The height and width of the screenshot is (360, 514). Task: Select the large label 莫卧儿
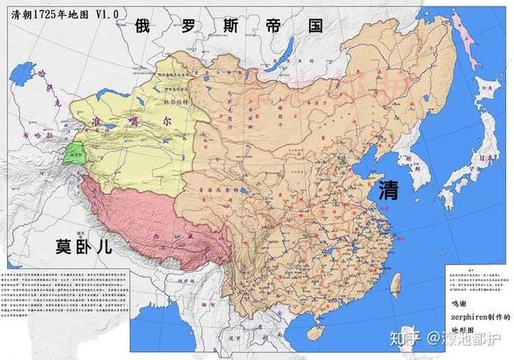coord(84,243)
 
